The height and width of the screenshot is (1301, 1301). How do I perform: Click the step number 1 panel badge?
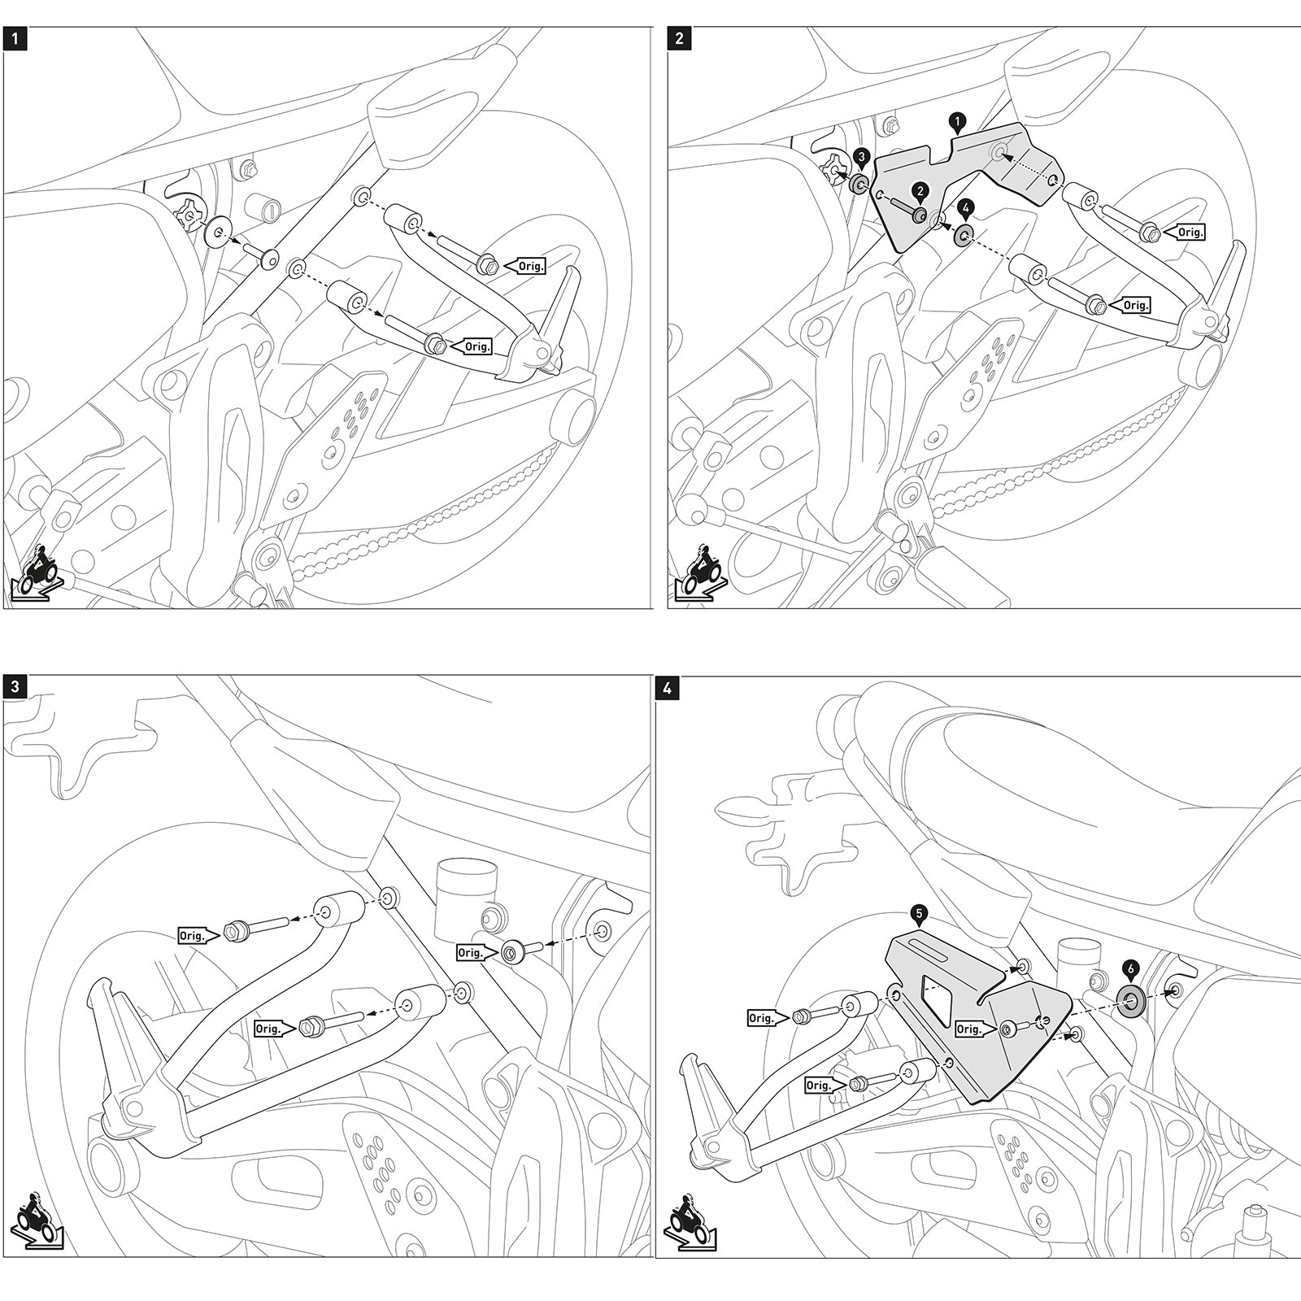pos(15,38)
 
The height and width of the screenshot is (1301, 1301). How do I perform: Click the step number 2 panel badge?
pos(679,38)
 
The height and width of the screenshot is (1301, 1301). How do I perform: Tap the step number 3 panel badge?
pos(15,686)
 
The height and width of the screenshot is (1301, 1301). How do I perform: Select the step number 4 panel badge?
pos(667,688)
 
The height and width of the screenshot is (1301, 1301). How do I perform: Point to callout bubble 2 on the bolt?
pos(920,190)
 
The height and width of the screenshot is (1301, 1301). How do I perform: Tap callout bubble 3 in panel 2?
pos(862,157)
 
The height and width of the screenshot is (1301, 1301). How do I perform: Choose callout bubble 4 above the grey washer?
pos(964,207)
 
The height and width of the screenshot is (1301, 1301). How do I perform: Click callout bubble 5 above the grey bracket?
pos(919,914)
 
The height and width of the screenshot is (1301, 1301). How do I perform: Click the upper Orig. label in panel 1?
pos(529,265)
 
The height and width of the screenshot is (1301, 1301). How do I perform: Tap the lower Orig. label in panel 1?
pos(476,346)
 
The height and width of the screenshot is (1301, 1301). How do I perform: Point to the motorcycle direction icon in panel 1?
pos(35,577)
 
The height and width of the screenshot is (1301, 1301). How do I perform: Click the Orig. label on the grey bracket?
pos(968,1029)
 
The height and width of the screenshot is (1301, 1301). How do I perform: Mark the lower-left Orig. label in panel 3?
pos(269,1029)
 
